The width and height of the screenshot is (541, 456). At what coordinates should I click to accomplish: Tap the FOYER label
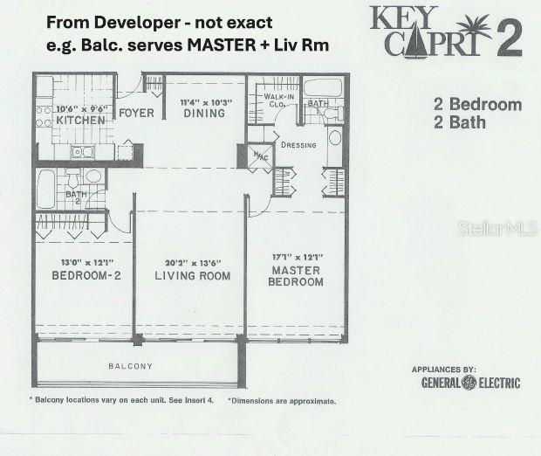click(x=136, y=113)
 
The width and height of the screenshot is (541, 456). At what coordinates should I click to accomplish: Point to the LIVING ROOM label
click(x=192, y=276)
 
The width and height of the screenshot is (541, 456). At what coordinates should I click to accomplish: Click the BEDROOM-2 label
click(x=77, y=276)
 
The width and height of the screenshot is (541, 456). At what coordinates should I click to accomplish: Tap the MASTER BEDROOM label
click(x=296, y=276)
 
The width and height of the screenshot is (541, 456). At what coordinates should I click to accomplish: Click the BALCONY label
click(x=130, y=366)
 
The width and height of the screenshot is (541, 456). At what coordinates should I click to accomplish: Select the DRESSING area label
click(x=298, y=145)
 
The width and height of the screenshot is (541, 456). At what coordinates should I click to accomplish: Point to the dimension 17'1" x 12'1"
click(x=297, y=257)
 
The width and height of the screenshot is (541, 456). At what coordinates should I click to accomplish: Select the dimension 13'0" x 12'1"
click(x=78, y=262)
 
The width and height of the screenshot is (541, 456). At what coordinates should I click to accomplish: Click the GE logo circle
click(x=469, y=383)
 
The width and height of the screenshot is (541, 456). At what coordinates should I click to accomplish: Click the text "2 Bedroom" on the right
click(x=477, y=105)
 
